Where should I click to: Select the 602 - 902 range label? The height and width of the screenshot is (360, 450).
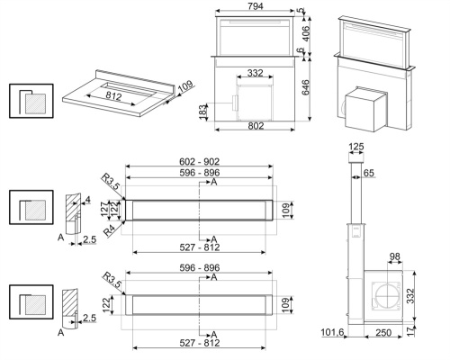(199, 161)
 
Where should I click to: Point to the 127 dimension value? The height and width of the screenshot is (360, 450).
(104, 209)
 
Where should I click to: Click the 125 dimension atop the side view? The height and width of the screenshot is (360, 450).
(357, 148)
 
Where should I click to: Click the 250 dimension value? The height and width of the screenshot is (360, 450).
(383, 334)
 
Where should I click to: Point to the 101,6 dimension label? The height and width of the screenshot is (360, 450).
(333, 334)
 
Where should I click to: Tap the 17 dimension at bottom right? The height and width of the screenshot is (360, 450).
(411, 331)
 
